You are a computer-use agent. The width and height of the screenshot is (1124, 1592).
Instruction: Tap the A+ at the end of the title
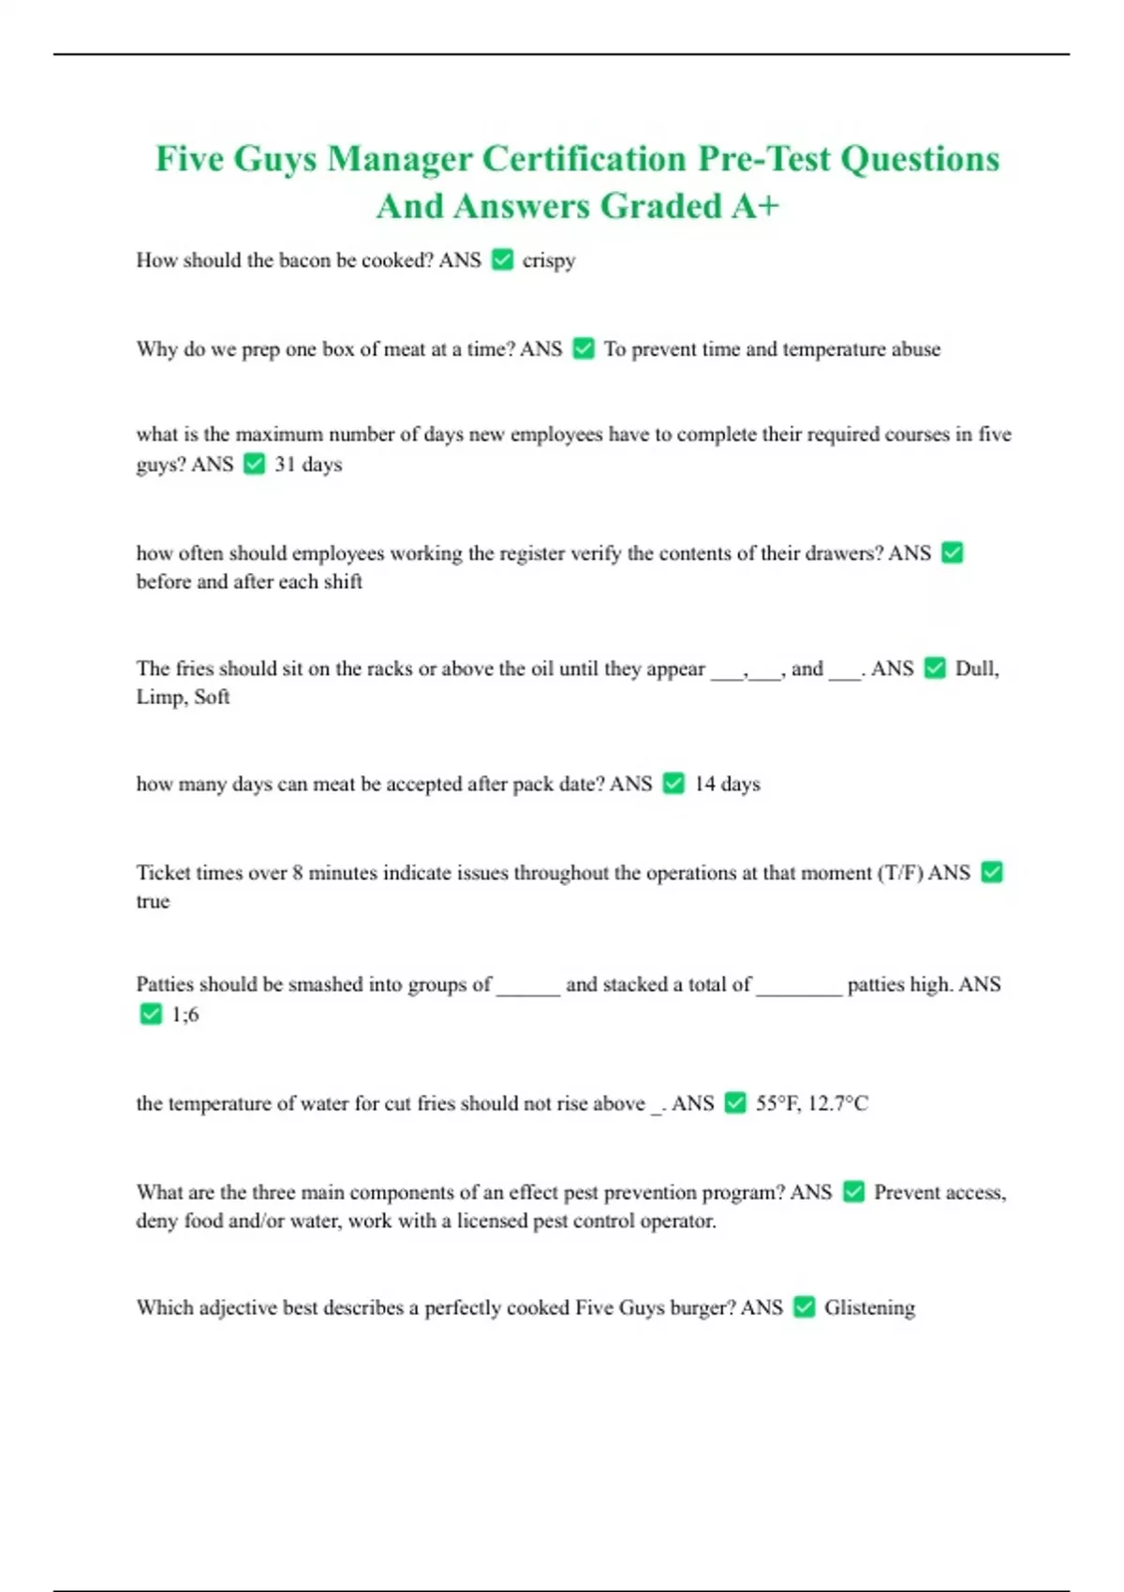coord(755,206)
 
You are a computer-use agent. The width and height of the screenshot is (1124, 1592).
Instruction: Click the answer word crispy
coord(549,260)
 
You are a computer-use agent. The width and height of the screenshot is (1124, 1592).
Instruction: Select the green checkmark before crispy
coord(502,259)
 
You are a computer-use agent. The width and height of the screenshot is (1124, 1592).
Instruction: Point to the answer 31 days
coord(308,464)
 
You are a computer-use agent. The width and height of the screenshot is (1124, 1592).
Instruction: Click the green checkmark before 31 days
coord(254,464)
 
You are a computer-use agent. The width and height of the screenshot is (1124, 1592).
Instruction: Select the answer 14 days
coord(727,784)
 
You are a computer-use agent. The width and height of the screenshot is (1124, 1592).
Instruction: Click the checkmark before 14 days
coord(673,783)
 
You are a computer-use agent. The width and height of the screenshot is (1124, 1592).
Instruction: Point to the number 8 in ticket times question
coord(297,873)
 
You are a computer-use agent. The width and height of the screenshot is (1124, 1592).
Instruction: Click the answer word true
coord(153,902)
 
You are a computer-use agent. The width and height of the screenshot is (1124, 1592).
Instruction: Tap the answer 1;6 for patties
coord(185,1014)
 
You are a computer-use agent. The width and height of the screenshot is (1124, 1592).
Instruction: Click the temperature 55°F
coord(777,1103)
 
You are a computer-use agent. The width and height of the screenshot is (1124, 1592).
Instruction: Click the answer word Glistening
coord(869,1307)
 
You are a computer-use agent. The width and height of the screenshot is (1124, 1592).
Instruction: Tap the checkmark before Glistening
coord(804,1306)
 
